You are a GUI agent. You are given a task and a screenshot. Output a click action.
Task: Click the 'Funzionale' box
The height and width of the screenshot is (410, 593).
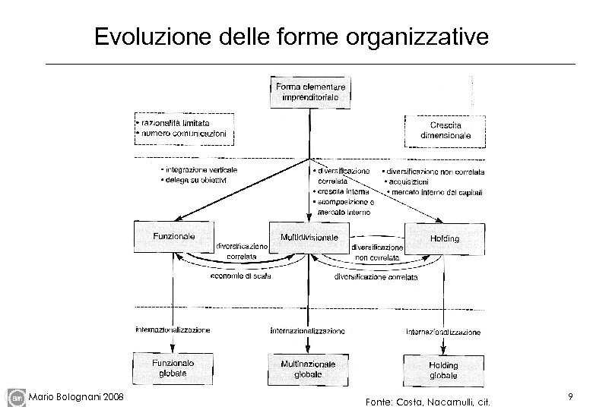173,238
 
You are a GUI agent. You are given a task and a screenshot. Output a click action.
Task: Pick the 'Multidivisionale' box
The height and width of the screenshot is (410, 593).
309,238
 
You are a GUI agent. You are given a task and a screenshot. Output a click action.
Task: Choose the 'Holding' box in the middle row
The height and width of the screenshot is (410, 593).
444,238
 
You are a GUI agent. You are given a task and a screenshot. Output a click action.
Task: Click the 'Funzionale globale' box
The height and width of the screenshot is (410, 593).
173,367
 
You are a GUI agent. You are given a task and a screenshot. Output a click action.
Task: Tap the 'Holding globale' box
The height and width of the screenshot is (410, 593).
443,370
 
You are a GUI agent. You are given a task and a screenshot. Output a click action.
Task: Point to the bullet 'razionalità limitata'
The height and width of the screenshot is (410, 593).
173,122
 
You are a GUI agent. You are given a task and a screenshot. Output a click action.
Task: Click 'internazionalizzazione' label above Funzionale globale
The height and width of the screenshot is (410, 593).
173,330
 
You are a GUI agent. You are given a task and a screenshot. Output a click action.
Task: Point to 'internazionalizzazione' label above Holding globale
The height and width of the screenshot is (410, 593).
443,332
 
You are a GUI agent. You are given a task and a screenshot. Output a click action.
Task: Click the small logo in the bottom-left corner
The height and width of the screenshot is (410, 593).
16,397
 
